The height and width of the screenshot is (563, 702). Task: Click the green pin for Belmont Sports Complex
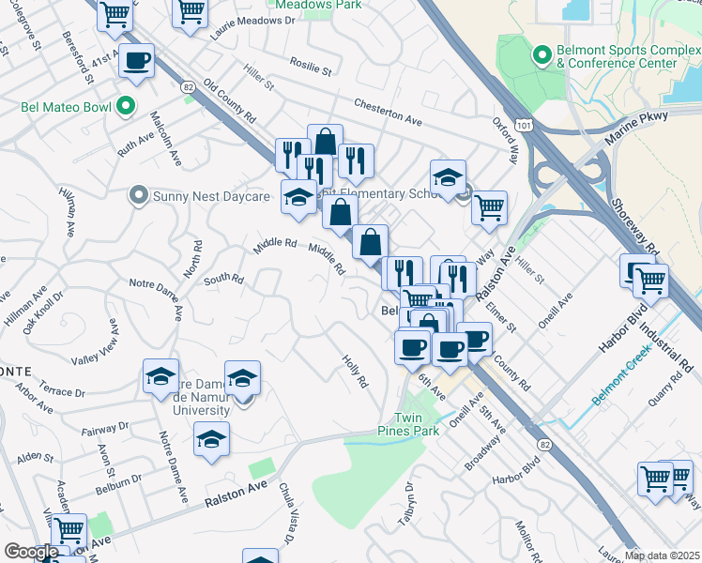pos(542,55)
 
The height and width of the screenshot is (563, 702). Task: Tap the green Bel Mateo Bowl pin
pos(125,106)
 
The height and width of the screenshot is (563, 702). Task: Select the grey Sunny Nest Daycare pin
pos(139,195)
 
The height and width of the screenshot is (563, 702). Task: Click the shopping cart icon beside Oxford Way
pos(489,207)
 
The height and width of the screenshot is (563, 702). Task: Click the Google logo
pos(31,552)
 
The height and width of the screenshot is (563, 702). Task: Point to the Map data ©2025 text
pos(662,555)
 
